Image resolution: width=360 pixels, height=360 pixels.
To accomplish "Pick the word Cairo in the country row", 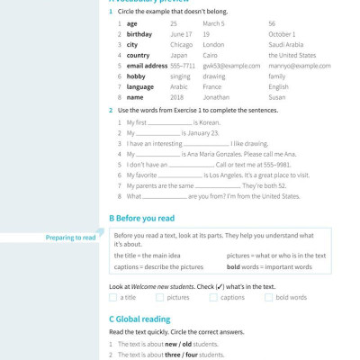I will [211, 55].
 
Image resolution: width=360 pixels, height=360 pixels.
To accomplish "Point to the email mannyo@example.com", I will [300, 66].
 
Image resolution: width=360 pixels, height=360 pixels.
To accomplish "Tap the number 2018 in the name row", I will [176, 97].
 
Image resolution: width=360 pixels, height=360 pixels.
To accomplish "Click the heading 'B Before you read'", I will [141, 219].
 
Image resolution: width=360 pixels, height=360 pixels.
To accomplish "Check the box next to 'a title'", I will [113, 297].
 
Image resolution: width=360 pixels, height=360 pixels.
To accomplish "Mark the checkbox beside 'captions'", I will [214, 297].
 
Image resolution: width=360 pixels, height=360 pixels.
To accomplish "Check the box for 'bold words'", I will [268, 297].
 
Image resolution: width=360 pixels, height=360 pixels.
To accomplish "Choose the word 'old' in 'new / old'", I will [185, 345].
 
